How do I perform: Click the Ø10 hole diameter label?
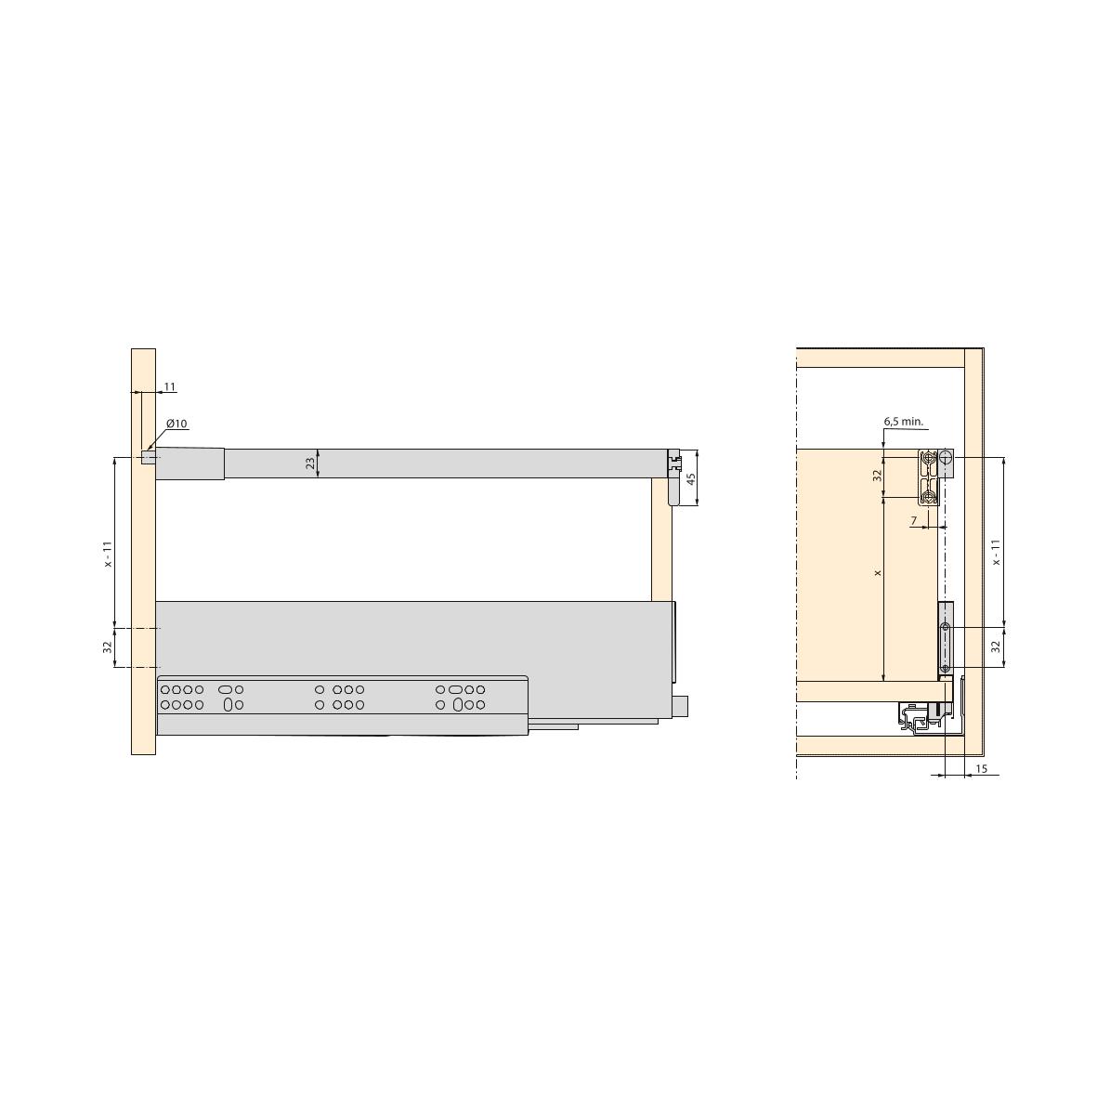click(x=177, y=424)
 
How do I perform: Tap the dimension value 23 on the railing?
click(x=310, y=464)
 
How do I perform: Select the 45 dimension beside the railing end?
click(x=691, y=479)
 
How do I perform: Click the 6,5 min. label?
click(x=903, y=421)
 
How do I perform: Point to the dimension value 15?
click(x=981, y=769)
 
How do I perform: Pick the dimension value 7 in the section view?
click(x=914, y=521)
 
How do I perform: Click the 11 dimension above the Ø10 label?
click(x=169, y=387)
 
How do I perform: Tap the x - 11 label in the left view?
click(x=108, y=555)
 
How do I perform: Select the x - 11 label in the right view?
click(x=997, y=552)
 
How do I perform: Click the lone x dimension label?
click(x=878, y=573)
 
